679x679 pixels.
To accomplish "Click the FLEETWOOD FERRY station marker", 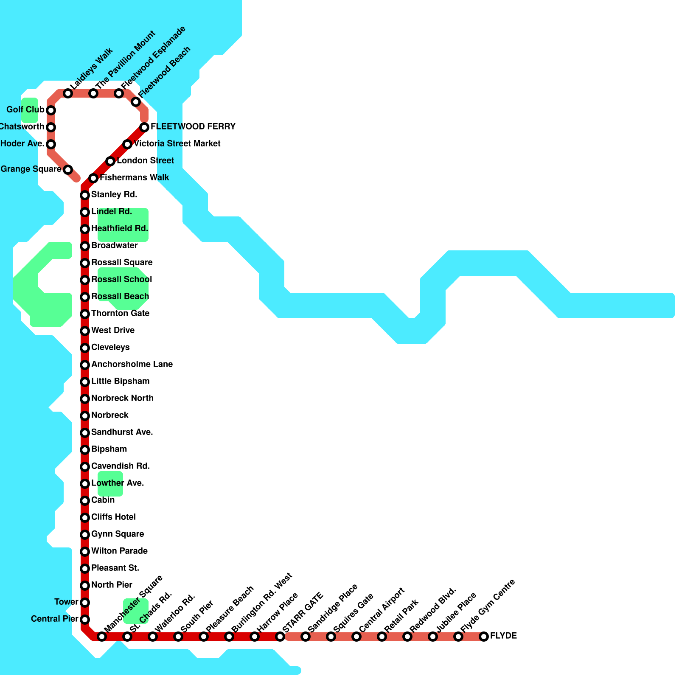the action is coord(144,127).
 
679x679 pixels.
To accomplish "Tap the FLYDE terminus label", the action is coord(503,636).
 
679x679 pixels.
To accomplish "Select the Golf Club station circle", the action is coord(51,110).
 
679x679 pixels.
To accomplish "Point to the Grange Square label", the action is coord(31,169).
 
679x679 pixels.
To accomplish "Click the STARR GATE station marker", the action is coord(280,637).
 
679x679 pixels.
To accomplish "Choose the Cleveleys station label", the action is coord(110,348).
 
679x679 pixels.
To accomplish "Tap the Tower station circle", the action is coord(85,603).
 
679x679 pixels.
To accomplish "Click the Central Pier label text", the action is coord(54,619).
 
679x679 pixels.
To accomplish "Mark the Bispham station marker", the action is coord(85,450).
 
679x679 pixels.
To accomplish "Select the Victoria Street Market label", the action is coord(177,144).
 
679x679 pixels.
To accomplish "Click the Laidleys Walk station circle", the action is coord(68,93).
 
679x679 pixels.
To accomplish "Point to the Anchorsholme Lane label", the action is coord(132,365).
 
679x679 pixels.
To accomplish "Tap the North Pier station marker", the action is coord(85,586).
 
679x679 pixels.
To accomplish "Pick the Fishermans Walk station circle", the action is coord(93,178).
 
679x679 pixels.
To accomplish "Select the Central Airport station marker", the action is coord(356,637).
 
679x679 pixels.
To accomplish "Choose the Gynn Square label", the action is coord(118,534).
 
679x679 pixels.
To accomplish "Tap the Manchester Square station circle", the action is coord(102,637).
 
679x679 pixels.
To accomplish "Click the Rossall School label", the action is coord(122,280).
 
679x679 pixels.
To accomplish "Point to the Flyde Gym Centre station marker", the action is coord(458,637).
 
